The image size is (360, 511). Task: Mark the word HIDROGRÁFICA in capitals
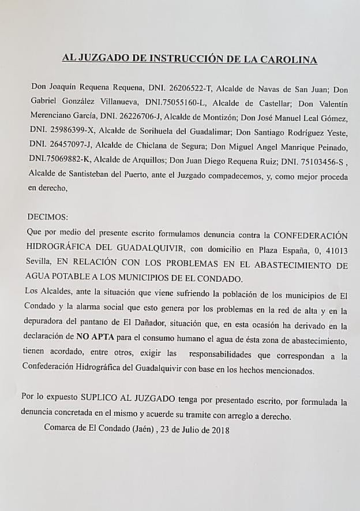61,250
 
